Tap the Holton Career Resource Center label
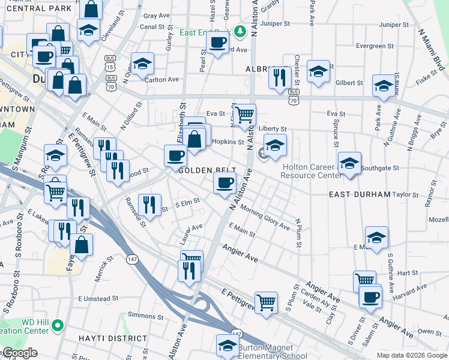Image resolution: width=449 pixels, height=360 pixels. point(312,173)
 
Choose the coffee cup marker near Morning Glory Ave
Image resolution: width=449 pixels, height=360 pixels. point(225,182)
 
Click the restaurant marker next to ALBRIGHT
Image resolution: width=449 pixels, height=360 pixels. point(280,77)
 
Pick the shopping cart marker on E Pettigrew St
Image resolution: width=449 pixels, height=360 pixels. point(266,302)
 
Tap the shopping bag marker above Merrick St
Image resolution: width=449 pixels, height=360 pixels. point(82,244)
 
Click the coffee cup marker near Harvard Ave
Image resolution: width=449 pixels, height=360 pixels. point(370,296)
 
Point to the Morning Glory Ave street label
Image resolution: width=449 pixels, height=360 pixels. point(265,217)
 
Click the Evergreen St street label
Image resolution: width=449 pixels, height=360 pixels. point(374,46)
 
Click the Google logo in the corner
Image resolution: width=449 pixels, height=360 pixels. point(19,353)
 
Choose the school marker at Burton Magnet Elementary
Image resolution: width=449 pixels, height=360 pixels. point(228,345)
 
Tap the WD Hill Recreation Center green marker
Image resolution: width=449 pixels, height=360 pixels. point(57,326)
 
